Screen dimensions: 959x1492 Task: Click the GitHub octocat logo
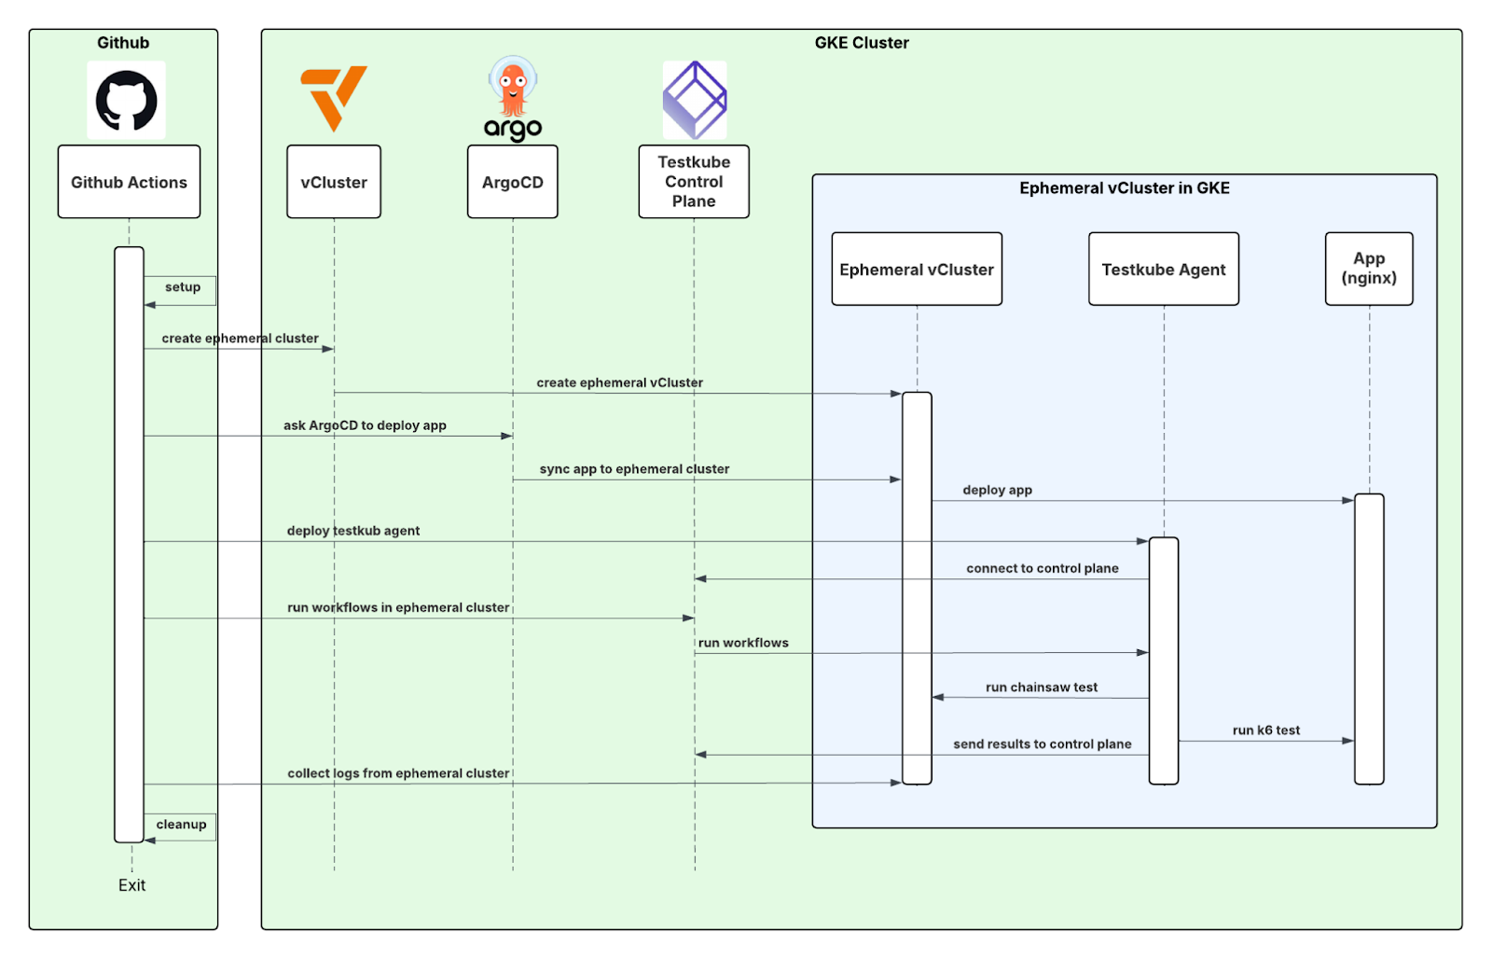[x=126, y=100]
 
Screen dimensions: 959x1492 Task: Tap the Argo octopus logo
[x=512, y=98]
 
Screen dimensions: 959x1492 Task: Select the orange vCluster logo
[x=333, y=97]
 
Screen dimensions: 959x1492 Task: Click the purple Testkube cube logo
[x=694, y=100]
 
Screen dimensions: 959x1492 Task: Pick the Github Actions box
[x=129, y=182]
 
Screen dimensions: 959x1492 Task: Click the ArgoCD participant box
[x=512, y=182]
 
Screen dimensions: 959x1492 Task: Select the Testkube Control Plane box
[x=694, y=182]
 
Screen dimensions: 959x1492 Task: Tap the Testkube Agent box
[x=1163, y=270]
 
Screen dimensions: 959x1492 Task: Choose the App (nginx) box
[x=1368, y=269]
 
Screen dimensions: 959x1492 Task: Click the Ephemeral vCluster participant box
[x=916, y=270]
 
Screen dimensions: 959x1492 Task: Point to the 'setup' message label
[x=183, y=287]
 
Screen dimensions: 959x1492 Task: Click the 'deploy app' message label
[x=997, y=490]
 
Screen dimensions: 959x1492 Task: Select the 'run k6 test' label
[x=1265, y=730]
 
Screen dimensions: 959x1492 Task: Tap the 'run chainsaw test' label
[x=1041, y=688]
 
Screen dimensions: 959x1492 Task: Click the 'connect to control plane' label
[x=1042, y=568]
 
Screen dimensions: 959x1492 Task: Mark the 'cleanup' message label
[x=181, y=825]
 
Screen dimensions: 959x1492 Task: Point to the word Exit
[x=131, y=885]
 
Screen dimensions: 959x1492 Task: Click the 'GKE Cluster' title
[x=861, y=43]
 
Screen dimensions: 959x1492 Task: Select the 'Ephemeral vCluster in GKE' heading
[x=1124, y=188]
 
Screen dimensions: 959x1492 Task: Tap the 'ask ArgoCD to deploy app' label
[x=365, y=425]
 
